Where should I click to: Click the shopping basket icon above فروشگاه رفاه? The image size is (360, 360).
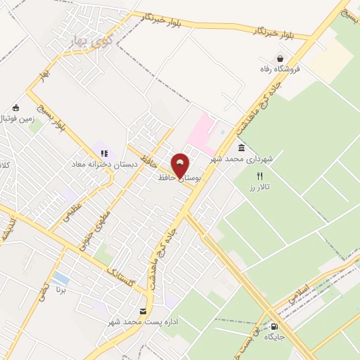point(281,59)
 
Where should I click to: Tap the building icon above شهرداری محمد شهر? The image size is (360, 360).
point(242,148)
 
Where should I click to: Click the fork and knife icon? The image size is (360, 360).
point(259,176)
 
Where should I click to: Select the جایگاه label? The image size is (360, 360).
point(283,337)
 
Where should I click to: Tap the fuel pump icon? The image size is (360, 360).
point(274,326)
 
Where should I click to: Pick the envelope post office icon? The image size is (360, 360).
point(143,311)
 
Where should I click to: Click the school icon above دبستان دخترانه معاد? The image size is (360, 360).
point(104,153)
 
